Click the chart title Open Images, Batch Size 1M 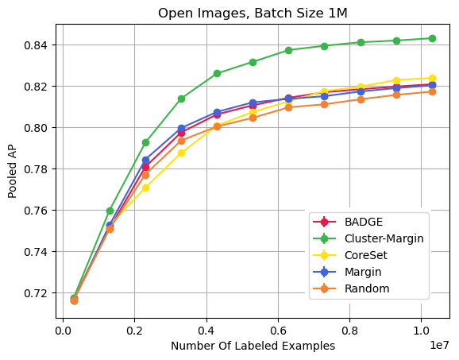[253, 13]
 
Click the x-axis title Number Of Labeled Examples [253, 346]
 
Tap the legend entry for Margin [363, 272]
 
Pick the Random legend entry [366, 288]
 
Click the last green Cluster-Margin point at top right [432, 38]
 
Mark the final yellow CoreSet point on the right [432, 79]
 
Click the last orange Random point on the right [432, 91]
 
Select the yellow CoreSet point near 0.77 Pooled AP [145, 188]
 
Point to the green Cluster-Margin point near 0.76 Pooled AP [110, 211]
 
